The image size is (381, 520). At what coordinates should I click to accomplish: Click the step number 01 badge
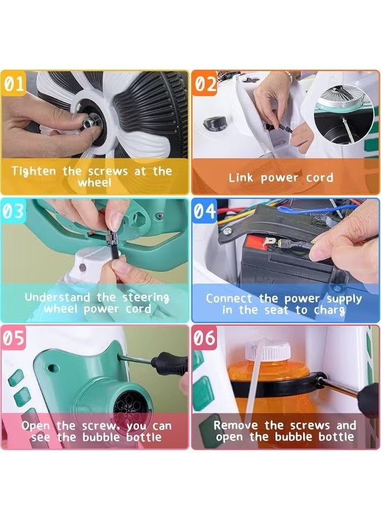tap(14, 84)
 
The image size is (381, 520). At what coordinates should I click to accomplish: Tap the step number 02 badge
tap(204, 84)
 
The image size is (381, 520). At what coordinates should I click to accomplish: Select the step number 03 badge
tap(14, 211)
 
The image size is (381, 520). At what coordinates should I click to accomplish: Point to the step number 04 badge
tap(205, 211)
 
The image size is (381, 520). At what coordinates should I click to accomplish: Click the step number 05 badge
tap(14, 338)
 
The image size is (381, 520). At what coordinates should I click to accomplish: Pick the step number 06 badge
tap(205, 338)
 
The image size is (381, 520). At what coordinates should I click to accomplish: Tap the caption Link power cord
tap(281, 177)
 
